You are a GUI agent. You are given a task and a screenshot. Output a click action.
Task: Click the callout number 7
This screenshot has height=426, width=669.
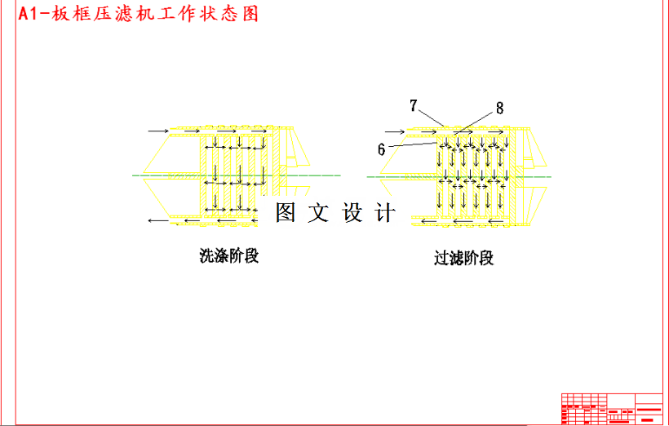click(414, 105)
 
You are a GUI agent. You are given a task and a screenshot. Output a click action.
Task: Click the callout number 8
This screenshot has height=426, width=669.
click(499, 107)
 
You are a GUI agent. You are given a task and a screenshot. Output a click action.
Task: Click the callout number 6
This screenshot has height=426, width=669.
click(381, 149)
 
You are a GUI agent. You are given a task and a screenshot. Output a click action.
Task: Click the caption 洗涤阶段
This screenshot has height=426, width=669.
click(229, 256)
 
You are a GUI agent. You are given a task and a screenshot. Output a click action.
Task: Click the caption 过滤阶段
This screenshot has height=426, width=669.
click(464, 259)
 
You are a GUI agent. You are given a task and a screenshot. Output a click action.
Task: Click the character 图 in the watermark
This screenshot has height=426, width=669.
click(285, 213)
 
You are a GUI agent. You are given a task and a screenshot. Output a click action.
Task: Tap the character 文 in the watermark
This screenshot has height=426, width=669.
click(318, 213)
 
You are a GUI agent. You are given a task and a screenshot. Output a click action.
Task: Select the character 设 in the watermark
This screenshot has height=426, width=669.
click(352, 213)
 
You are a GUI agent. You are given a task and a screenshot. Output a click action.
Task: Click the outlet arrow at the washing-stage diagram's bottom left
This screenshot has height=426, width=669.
click(159, 220)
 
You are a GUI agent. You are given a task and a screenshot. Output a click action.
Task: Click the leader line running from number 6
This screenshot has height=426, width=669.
click(416, 145)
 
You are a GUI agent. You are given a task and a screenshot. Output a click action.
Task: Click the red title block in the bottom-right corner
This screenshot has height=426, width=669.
click(612, 408)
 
